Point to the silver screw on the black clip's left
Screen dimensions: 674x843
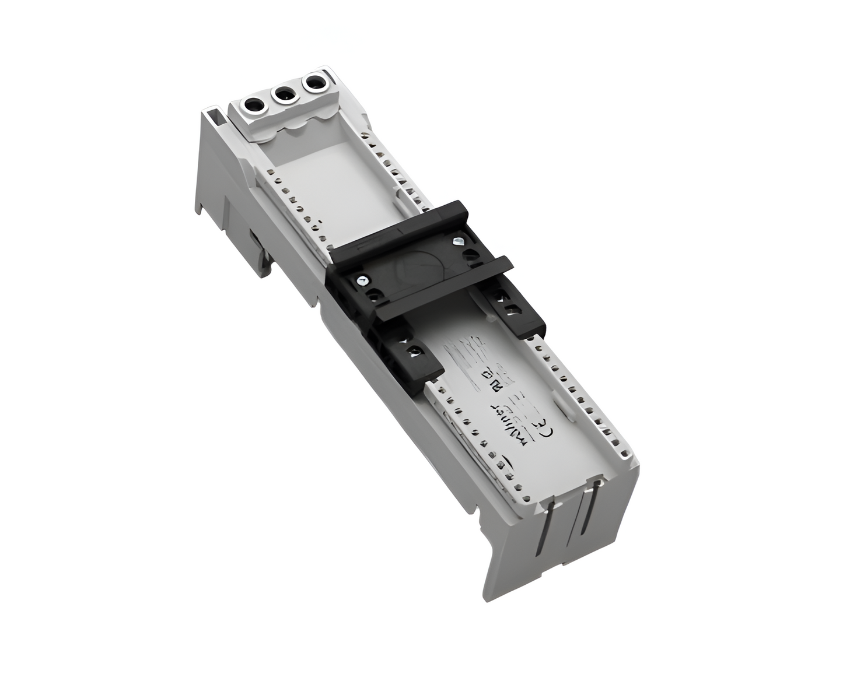click(x=363, y=280)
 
